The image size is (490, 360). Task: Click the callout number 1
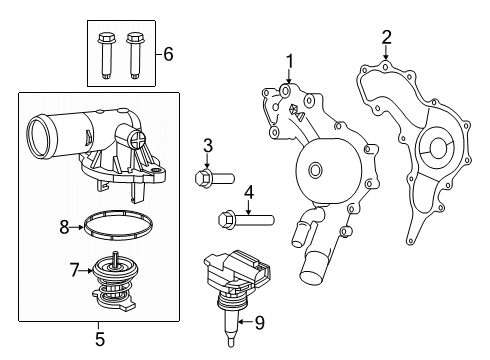click(289, 62)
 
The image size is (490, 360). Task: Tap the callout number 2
click(386, 39)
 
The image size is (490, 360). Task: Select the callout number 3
click(207, 147)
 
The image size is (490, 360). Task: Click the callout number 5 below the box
click(98, 339)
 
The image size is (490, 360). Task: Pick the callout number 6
click(168, 53)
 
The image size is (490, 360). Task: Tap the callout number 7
click(73, 270)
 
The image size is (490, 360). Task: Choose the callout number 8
click(64, 227)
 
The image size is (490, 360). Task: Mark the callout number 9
click(260, 322)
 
